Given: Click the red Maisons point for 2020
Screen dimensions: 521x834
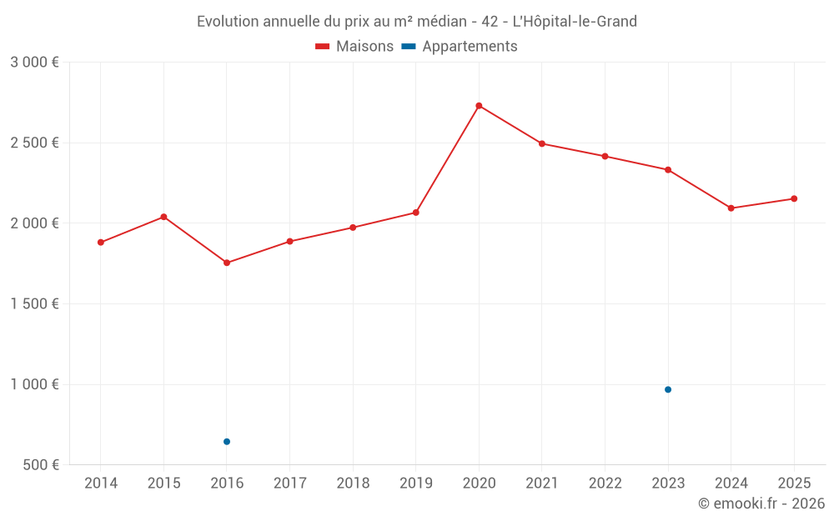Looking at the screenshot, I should [x=479, y=106].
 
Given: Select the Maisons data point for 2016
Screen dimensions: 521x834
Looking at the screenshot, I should [x=227, y=263].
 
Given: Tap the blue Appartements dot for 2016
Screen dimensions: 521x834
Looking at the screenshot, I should [x=227, y=442].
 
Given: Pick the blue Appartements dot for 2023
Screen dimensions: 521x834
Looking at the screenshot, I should [x=668, y=389].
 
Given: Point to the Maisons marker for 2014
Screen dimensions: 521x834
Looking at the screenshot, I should [x=101, y=243].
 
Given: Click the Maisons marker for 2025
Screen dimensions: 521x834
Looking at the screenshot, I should [x=794, y=198].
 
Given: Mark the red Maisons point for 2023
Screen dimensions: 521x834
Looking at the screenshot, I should [x=668, y=170].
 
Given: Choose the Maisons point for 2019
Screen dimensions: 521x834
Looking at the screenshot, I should [x=416, y=213].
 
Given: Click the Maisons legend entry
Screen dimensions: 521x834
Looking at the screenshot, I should [x=354, y=47].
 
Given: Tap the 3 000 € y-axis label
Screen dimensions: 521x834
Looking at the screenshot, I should [x=35, y=63].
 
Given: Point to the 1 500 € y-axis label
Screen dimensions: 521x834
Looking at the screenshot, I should [x=35, y=304].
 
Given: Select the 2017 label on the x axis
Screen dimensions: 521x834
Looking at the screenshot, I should [x=290, y=483].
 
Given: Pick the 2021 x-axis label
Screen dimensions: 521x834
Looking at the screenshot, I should [x=542, y=483].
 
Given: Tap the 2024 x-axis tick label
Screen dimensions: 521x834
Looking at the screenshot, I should [x=731, y=483].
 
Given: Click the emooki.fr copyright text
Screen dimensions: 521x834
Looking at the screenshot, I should [x=761, y=503].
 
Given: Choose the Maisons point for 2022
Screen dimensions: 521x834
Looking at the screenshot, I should [x=605, y=156].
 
